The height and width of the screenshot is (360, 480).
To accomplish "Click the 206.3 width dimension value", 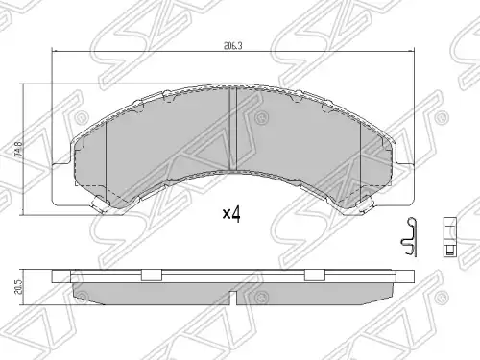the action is (x=233, y=46).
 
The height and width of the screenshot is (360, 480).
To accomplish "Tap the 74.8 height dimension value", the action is (x=20, y=149).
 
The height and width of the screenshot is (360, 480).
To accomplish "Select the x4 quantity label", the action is (x=231, y=214).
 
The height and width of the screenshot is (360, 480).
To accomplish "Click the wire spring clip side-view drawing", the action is (x=409, y=237).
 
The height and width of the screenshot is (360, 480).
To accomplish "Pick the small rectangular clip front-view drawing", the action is (x=449, y=237).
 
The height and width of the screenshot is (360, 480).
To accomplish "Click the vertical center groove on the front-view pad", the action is (x=232, y=130).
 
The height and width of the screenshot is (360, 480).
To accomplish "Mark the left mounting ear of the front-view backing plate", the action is (x=61, y=183).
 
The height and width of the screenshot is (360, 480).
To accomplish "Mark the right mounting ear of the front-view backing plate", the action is (x=404, y=183).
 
